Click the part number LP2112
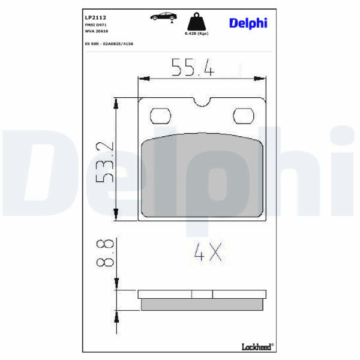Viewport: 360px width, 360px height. pyautogui.click(x=95, y=17)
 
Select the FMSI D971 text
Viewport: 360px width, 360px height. pyautogui.click(x=96, y=25)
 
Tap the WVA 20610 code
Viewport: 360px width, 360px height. pyautogui.click(x=97, y=31)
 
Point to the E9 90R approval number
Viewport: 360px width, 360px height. pyautogui.click(x=109, y=44)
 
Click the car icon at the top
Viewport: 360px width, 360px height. pyautogui.click(x=163, y=17)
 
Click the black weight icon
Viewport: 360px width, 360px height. pyautogui.click(x=197, y=22)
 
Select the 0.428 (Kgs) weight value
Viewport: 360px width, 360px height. pyautogui.click(x=197, y=34)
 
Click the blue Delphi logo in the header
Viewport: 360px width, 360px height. pyautogui.click(x=248, y=23)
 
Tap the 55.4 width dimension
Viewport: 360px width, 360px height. pyautogui.click(x=193, y=67)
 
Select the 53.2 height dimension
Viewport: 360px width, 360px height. pyautogui.click(x=105, y=162)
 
